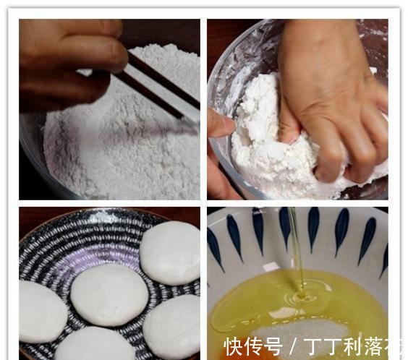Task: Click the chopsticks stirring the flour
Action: point(156,87)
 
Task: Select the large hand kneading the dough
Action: point(333,94)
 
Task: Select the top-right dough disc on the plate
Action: point(170,252)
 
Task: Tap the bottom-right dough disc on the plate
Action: point(172,326)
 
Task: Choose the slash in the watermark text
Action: point(290,347)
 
